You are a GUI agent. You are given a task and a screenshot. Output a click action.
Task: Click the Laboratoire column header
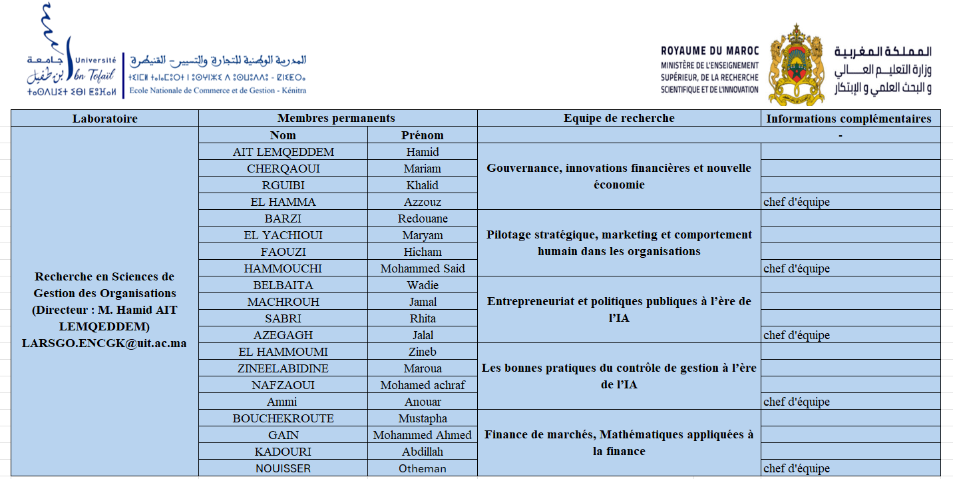pyautogui.click(x=104, y=119)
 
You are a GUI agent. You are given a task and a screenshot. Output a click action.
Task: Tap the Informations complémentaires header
pyautogui.click(x=849, y=119)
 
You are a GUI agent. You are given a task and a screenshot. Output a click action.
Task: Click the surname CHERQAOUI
pyautogui.click(x=283, y=169)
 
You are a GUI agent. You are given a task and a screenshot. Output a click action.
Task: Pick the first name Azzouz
pyautogui.click(x=422, y=202)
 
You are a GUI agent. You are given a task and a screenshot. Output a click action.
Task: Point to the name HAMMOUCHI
pyautogui.click(x=283, y=268)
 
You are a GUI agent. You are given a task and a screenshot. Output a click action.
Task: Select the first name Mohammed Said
pyautogui.click(x=422, y=268)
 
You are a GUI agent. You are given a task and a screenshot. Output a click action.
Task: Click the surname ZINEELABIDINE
pyautogui.click(x=283, y=368)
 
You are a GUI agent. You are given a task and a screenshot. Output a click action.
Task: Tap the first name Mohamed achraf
pyautogui.click(x=422, y=385)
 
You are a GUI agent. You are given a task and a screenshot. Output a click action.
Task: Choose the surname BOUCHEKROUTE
pyautogui.click(x=283, y=418)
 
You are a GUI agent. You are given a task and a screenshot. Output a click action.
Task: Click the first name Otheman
pyautogui.click(x=422, y=468)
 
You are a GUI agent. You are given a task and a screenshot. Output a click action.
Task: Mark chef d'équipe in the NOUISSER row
pyautogui.click(x=797, y=468)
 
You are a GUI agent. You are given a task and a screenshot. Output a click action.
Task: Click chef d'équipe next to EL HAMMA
pyautogui.click(x=797, y=202)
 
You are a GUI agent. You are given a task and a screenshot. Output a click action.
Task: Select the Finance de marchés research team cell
pyautogui.click(x=619, y=443)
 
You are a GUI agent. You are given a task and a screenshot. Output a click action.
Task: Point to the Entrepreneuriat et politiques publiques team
pyautogui.click(x=619, y=310)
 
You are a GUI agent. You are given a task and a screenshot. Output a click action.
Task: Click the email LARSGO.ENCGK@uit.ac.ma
pyautogui.click(x=104, y=344)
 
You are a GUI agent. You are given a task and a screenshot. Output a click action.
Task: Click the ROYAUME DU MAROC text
pyautogui.click(x=709, y=51)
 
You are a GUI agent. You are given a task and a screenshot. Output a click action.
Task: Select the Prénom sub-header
pyautogui.click(x=422, y=135)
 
